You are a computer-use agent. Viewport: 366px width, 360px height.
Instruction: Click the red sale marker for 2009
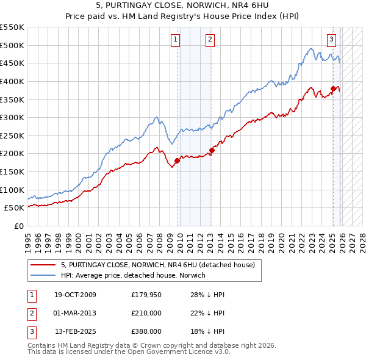click(x=178, y=161)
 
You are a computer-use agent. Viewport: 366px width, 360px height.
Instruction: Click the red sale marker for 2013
click(x=212, y=150)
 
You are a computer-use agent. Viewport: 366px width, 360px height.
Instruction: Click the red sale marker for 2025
click(x=334, y=88)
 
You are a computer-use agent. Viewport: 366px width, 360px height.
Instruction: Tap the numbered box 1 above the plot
click(x=175, y=40)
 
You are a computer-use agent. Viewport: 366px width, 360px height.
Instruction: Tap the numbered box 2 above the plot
click(x=209, y=40)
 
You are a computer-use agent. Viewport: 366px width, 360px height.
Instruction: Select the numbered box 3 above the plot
click(x=331, y=40)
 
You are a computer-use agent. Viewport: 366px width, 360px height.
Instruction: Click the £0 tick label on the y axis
click(x=19, y=226)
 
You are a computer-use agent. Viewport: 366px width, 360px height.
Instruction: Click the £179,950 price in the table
click(x=146, y=295)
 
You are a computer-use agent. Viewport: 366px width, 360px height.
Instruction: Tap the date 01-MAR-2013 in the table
click(x=75, y=312)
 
